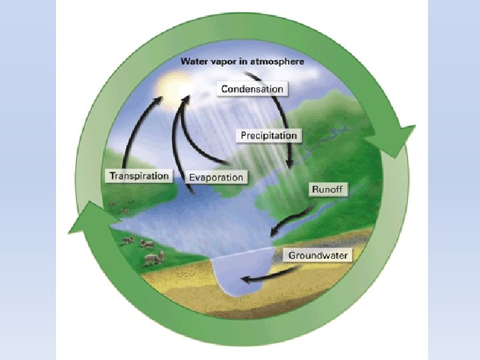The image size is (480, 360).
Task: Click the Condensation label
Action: (253, 89)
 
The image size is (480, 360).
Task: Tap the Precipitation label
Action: (269, 135)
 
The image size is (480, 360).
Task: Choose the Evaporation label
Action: (216, 177)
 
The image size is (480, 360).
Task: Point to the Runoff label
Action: (327, 189)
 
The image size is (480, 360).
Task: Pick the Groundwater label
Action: (318, 255)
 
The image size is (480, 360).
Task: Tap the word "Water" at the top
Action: (194, 61)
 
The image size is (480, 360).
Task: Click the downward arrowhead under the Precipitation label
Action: (289, 165)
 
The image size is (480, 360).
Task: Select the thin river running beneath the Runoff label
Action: (320, 213)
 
